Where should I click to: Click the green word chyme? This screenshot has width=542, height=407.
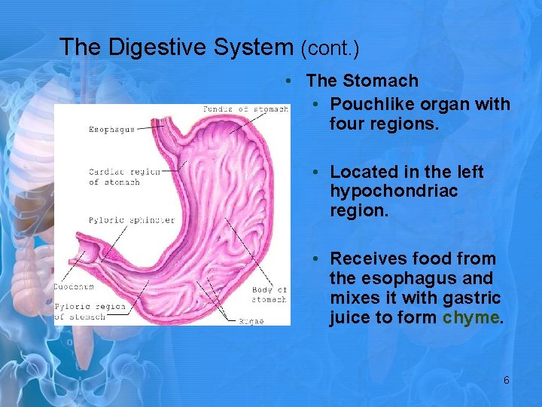click(470, 317)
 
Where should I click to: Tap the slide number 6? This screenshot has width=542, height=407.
click(506, 381)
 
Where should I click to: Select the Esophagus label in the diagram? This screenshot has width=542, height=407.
click(111, 129)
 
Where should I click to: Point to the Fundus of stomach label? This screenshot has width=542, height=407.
click(245, 109)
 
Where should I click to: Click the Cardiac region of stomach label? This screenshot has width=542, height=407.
click(124, 176)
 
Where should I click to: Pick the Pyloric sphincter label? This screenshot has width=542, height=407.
click(131, 220)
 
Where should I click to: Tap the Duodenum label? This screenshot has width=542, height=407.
click(73, 287)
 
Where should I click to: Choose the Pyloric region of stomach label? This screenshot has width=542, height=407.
click(90, 311)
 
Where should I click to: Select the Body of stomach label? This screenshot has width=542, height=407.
click(269, 295)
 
